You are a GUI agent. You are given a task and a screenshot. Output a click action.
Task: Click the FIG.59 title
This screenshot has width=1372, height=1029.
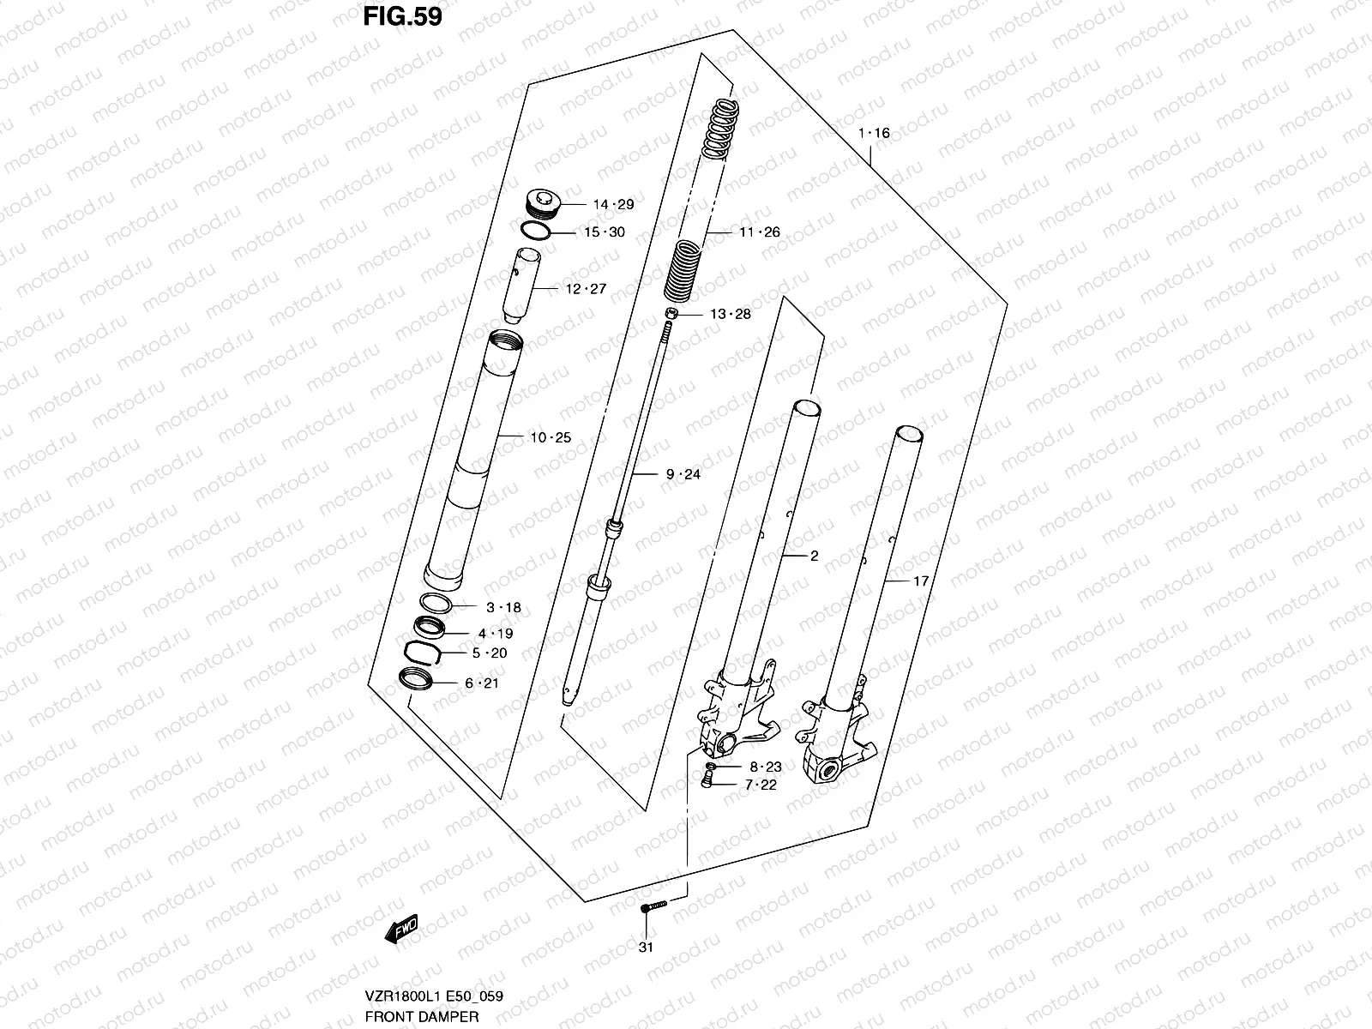401,16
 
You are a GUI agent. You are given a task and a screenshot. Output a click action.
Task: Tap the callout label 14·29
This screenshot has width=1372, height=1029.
613,204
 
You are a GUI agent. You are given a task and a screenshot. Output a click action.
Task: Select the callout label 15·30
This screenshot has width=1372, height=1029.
605,232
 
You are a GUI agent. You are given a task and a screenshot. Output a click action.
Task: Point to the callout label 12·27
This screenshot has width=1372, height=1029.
586,289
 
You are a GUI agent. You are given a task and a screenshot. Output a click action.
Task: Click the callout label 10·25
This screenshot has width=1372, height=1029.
550,437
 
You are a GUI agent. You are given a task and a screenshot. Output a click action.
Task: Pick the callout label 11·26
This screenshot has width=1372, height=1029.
759,232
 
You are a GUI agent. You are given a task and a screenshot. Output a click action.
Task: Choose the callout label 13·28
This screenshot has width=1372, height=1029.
730,314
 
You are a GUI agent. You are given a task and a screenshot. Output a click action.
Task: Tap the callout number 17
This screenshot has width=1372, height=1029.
921,581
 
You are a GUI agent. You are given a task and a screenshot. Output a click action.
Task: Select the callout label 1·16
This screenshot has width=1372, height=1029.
874,133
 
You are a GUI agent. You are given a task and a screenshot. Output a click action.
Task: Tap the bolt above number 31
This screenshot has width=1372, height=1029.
653,907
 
